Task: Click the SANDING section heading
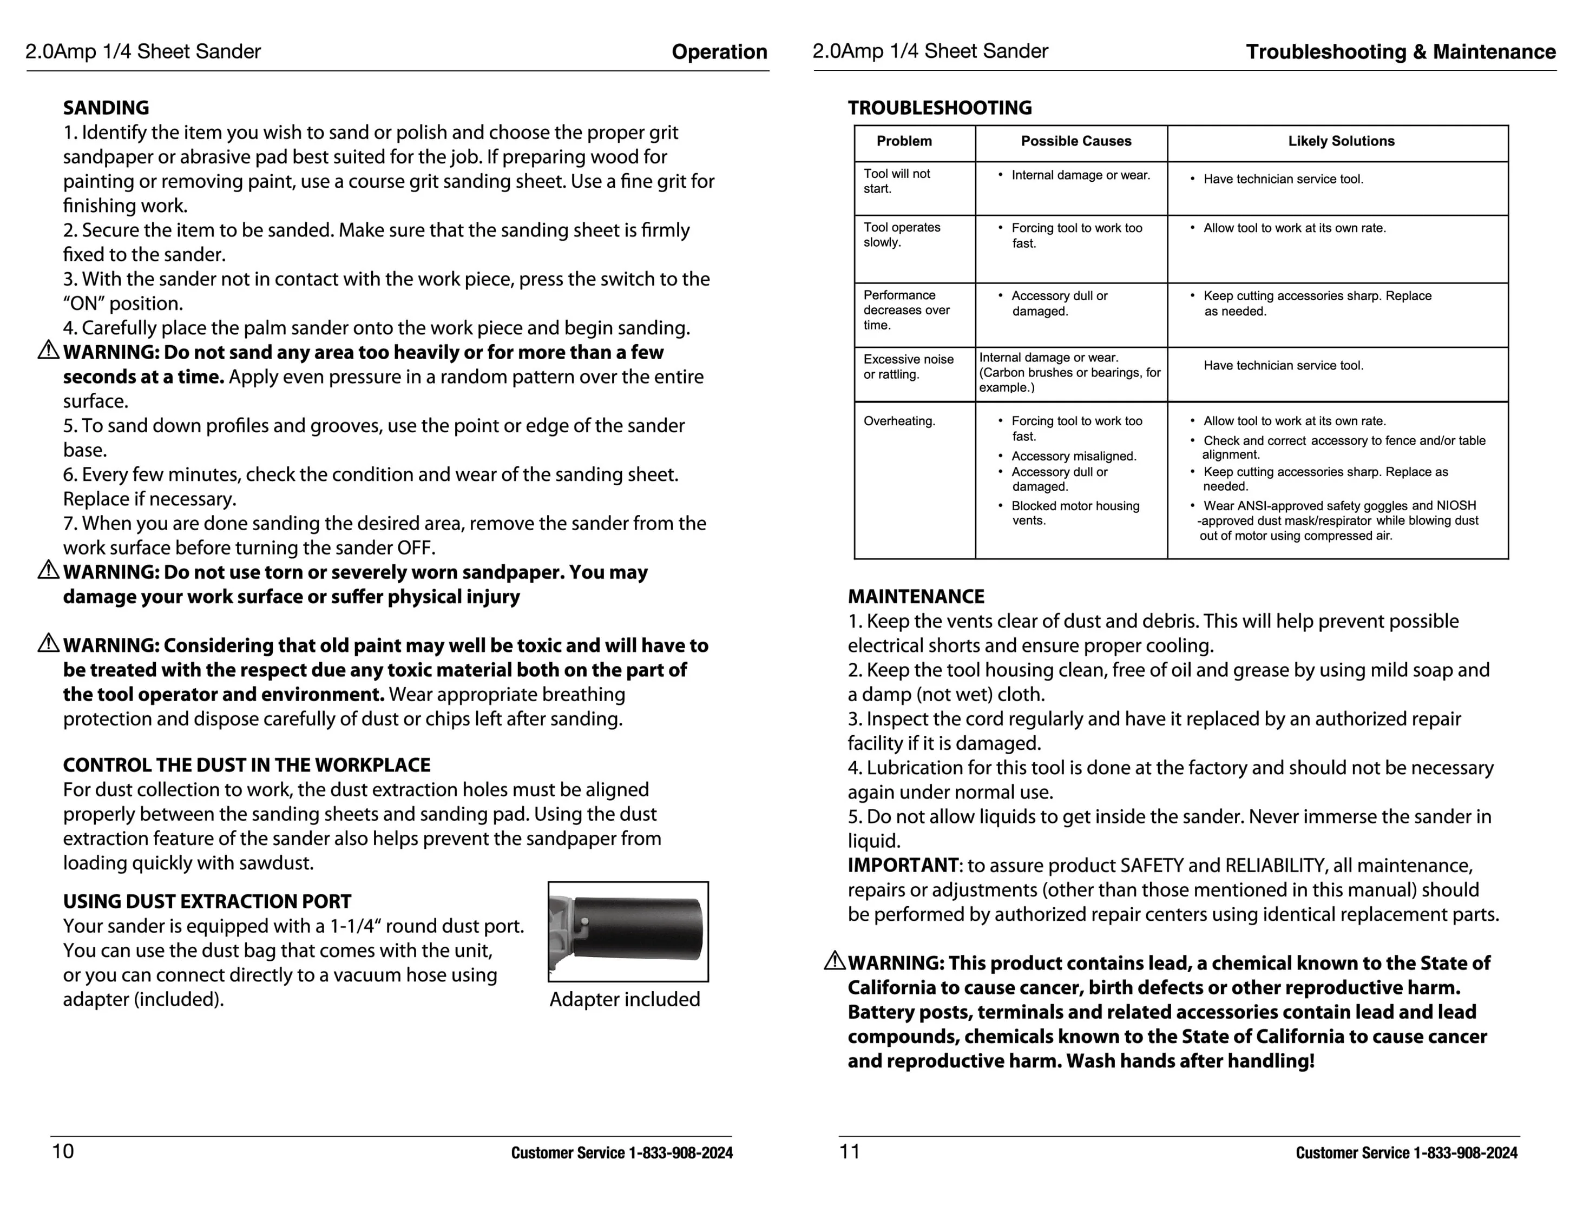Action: point(106,108)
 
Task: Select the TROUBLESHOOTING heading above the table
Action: point(940,108)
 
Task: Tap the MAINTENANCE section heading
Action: point(916,597)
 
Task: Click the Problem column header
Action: point(904,141)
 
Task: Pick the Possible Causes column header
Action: point(1075,141)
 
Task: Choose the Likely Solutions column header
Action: point(1341,141)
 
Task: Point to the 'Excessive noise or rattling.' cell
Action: point(908,367)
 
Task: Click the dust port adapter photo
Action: point(628,932)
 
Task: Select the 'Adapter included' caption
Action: point(624,999)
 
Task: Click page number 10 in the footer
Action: point(63,1151)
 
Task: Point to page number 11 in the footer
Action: point(850,1151)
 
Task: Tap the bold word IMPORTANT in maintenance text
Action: point(903,866)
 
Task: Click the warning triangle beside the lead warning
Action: point(834,960)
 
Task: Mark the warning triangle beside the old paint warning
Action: point(48,643)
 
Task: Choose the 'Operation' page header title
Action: point(719,52)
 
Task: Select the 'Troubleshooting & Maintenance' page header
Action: point(1401,52)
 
